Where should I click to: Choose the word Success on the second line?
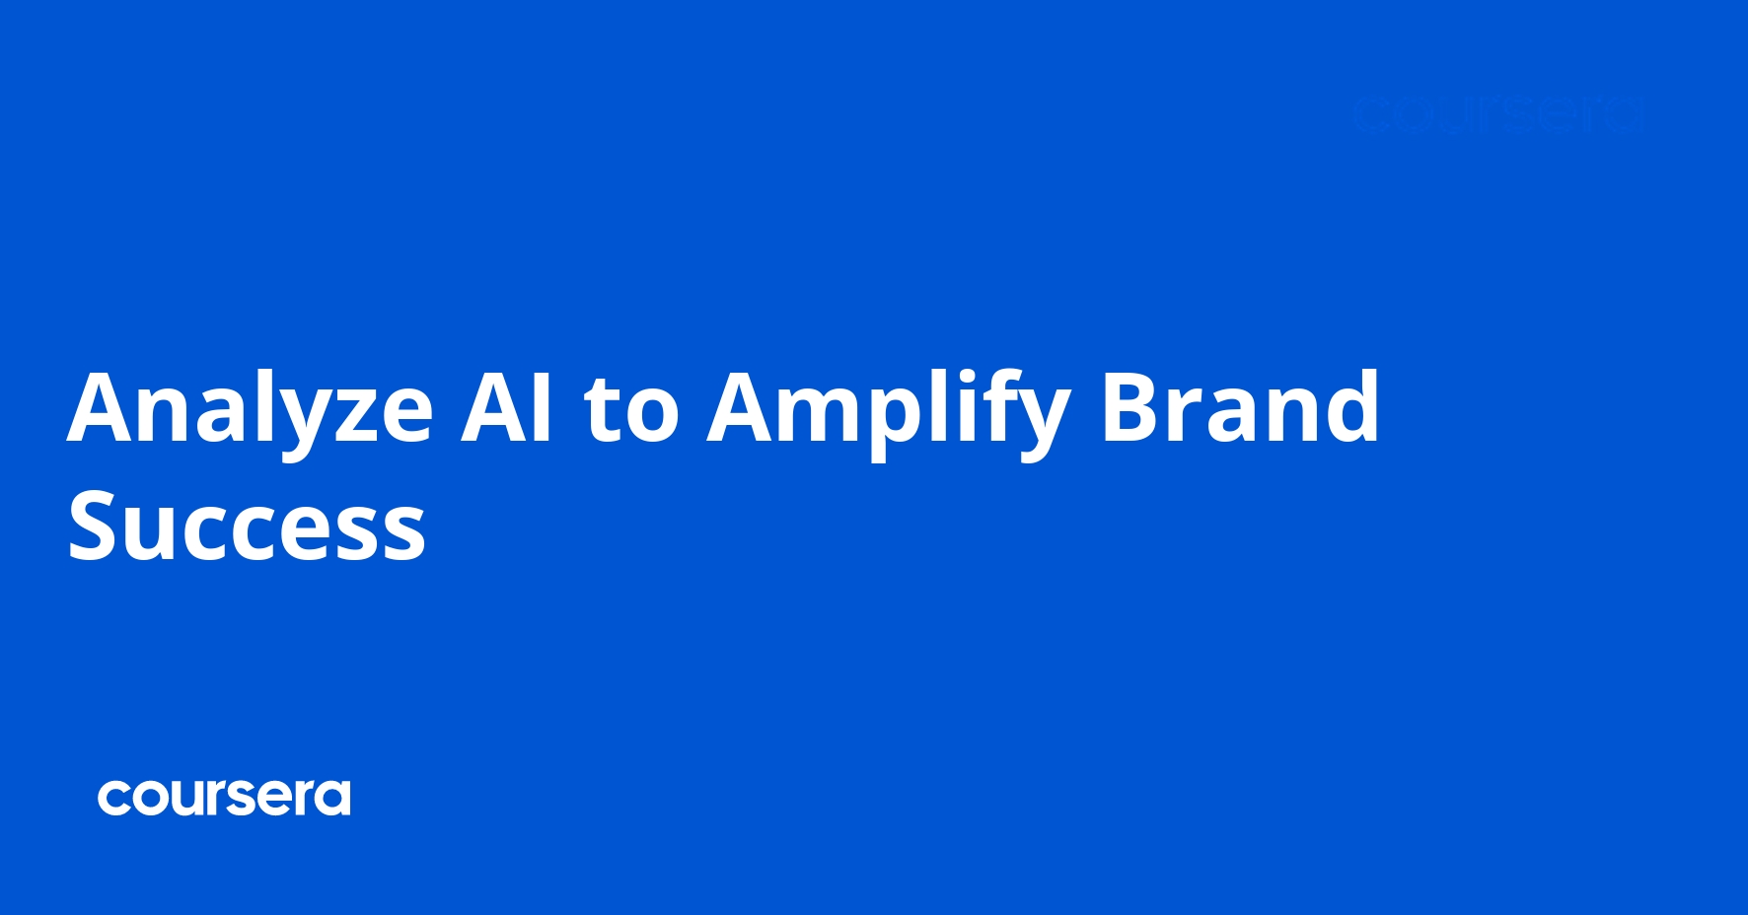coord(247,527)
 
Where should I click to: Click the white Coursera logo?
coord(224,797)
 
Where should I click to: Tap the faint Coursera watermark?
coord(1497,114)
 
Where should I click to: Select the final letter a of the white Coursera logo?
coord(334,798)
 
